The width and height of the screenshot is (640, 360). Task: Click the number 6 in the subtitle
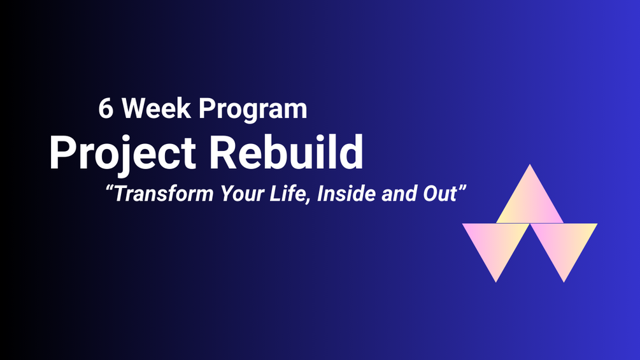pyautogui.click(x=106, y=108)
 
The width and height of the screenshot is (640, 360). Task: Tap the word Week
pyautogui.click(x=156, y=108)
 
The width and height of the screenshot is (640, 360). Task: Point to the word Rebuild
pyautogui.click(x=286, y=152)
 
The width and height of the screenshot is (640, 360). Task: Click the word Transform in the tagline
pyautogui.click(x=164, y=194)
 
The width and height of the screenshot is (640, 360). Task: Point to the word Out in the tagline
pyautogui.click(x=440, y=194)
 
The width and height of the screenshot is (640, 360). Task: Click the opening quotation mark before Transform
pyautogui.click(x=109, y=188)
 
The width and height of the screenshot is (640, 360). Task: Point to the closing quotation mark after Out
pyautogui.click(x=462, y=188)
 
